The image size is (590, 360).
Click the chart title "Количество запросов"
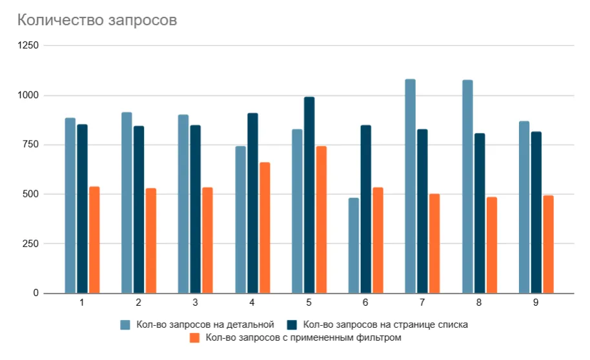(96, 20)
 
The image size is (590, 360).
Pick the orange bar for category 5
(321, 219)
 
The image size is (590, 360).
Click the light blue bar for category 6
(354, 245)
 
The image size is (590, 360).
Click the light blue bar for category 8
(467, 186)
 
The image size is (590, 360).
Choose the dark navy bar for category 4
(252, 203)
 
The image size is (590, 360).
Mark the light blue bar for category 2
(127, 203)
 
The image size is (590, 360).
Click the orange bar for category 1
(94, 239)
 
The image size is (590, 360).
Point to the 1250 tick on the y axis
(28, 46)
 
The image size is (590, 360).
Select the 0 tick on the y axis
(36, 294)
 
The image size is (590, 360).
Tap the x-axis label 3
(196, 303)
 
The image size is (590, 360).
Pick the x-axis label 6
(365, 303)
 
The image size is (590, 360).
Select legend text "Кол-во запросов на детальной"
(205, 325)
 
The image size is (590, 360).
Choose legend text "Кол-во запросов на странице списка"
(385, 325)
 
